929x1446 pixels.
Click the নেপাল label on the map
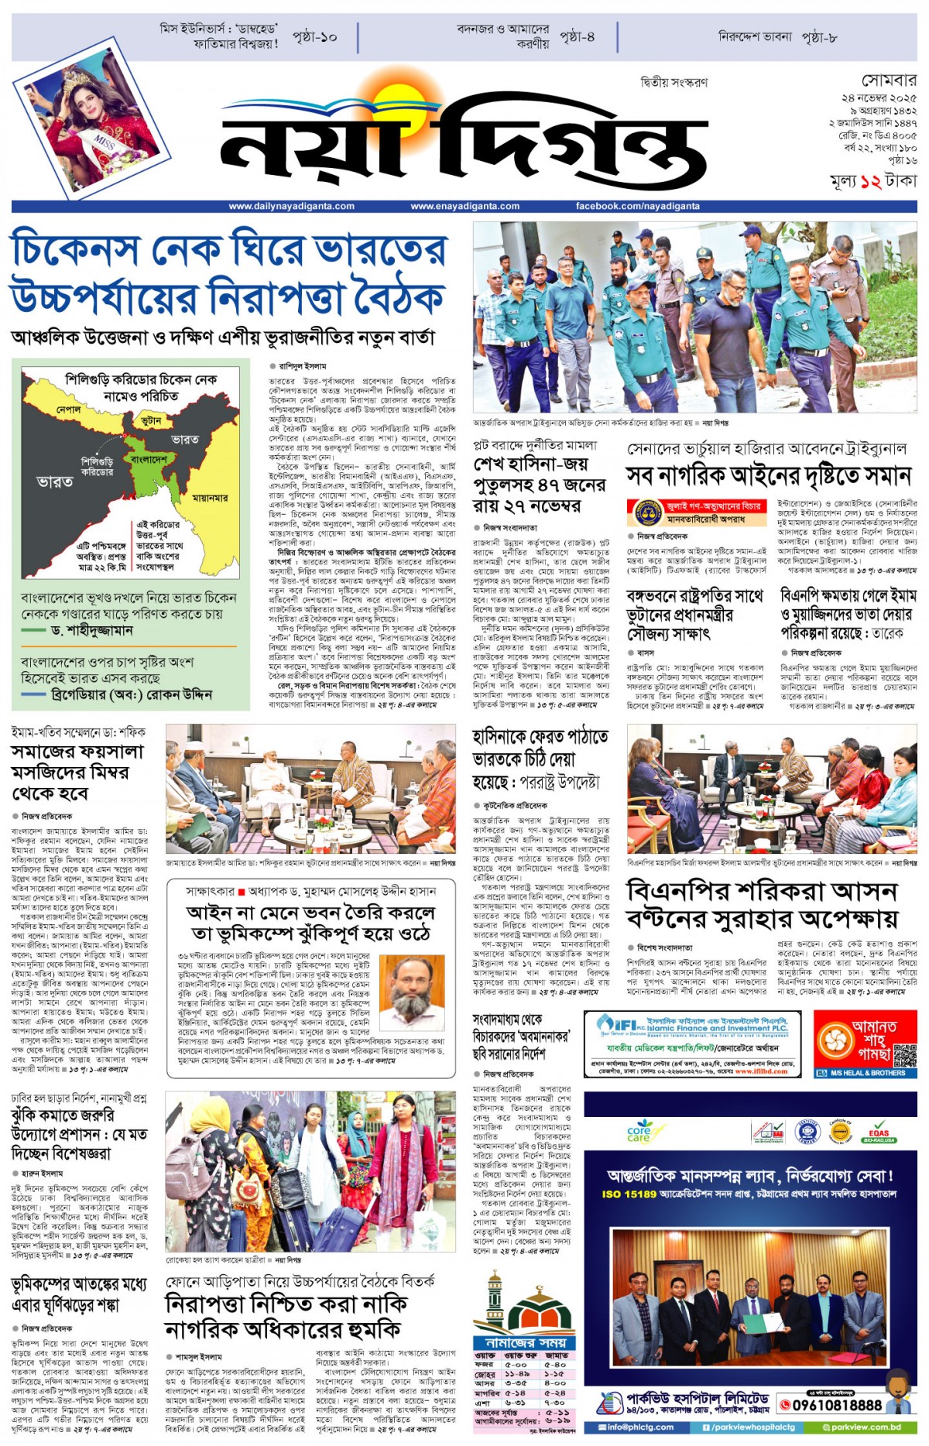68,408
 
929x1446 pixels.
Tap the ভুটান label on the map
152,420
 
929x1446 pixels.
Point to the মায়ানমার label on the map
210,498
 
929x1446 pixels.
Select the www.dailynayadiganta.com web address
291,206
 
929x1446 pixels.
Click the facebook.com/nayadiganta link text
637,206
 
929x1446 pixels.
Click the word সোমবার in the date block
889,81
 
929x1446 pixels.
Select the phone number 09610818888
836,1405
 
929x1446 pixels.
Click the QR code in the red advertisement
903,1055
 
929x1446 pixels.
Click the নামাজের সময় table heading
526,1342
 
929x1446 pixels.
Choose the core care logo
639,1132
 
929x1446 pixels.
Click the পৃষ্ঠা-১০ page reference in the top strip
314,36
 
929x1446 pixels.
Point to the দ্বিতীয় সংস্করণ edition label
674,82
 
